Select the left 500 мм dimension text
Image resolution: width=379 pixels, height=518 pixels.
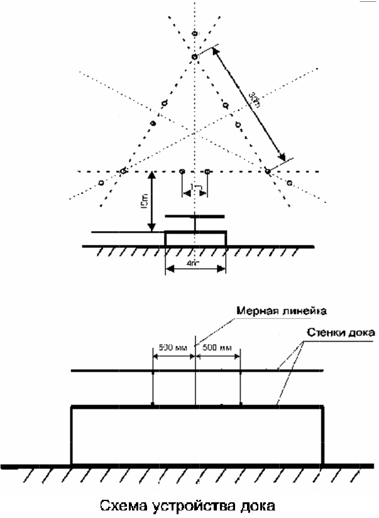pyautogui.click(x=172, y=347)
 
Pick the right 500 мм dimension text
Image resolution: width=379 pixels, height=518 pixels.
pyautogui.click(x=217, y=347)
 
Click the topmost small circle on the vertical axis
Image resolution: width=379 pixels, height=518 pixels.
pyautogui.click(x=194, y=33)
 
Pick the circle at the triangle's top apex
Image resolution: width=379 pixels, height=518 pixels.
pyautogui.click(x=194, y=57)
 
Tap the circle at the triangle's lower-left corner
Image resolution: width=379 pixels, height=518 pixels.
pyautogui.click(x=123, y=171)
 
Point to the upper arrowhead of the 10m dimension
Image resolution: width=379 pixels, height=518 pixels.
pyautogui.click(x=151, y=176)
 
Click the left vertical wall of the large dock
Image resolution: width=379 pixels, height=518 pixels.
pyautogui.click(x=72, y=436)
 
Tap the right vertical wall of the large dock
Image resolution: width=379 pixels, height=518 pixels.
pyautogui.click(x=322, y=436)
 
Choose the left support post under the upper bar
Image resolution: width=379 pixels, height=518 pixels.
pyautogui.click(x=153, y=388)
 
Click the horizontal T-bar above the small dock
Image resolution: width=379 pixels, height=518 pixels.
pyautogui.click(x=195, y=217)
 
